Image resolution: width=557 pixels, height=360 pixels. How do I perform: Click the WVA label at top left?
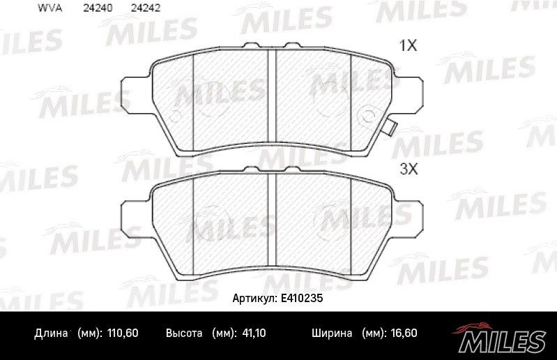point(49,8)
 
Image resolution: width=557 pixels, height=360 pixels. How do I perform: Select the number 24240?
point(98,8)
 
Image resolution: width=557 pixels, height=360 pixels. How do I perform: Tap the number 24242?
point(146,8)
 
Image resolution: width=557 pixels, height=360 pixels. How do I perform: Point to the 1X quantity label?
point(408,45)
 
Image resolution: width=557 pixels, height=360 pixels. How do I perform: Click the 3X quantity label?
point(409,169)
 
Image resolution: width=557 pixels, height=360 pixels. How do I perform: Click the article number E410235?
point(302,298)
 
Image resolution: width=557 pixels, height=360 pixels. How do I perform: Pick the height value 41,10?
point(254,333)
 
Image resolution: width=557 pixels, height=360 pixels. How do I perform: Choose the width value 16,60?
point(404,333)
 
